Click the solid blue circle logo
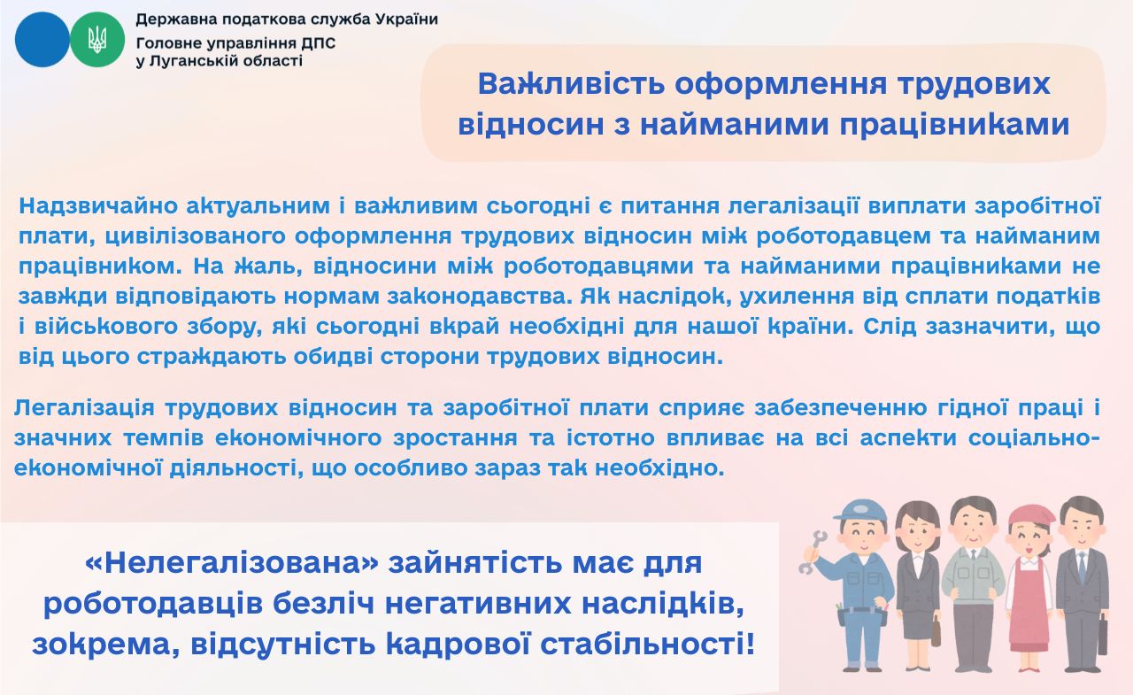[42, 40]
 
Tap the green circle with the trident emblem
[97, 40]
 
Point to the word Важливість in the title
[571, 84]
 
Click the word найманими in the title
[735, 125]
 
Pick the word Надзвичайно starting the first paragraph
[98, 206]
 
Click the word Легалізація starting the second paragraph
[84, 408]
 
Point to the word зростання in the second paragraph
[455, 438]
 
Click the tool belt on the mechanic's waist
[863, 613]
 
